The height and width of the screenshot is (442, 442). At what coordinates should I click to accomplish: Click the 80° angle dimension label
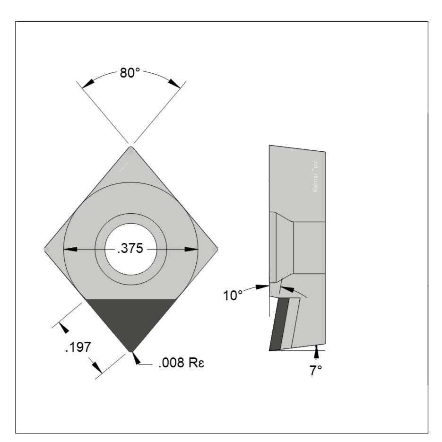tap(130, 73)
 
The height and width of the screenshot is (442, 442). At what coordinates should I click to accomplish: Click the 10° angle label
tap(233, 295)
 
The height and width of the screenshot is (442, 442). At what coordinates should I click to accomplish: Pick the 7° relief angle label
tap(316, 371)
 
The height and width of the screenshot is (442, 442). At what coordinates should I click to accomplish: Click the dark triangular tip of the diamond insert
tap(130, 321)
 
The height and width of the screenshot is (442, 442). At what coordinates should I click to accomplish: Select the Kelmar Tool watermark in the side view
tap(316, 176)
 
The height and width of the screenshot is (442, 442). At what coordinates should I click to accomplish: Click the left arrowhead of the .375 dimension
tap(70, 249)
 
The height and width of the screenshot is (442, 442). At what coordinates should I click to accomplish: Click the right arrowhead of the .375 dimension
tap(191, 249)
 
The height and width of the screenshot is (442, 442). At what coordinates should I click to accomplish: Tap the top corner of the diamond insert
tap(131, 147)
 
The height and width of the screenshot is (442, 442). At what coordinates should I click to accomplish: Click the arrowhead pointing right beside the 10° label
tap(263, 286)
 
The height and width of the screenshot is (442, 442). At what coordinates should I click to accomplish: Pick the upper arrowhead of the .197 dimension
tap(63, 328)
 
